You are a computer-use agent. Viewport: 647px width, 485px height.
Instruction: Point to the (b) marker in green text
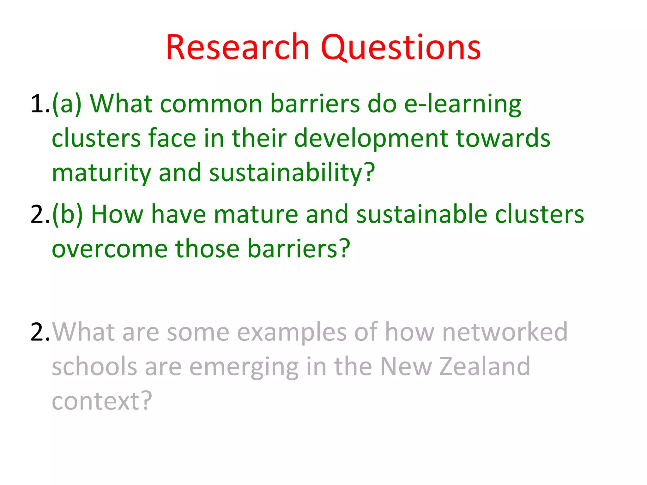67,215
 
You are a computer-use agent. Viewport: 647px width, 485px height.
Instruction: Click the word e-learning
463,104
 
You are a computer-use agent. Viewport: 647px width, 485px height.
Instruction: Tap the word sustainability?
292,173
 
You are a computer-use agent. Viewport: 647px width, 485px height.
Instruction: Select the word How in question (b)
117,215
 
